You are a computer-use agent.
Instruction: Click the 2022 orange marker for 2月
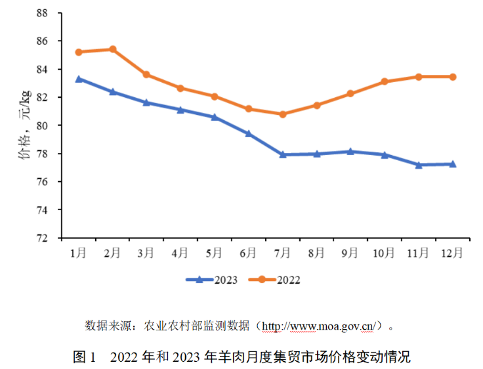click(112, 49)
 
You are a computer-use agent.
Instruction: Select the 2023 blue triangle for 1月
click(79, 79)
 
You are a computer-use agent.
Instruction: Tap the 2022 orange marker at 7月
click(283, 114)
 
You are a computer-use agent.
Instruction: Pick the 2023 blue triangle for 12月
click(453, 164)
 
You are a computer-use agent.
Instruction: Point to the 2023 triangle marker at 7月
click(283, 154)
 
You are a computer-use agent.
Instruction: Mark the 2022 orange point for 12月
click(453, 77)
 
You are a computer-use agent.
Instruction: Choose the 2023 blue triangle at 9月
click(350, 151)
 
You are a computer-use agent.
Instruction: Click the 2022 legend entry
click(275, 280)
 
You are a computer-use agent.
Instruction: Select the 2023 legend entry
click(212, 280)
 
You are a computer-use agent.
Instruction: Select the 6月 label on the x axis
click(248, 252)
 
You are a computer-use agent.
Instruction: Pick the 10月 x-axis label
click(384, 252)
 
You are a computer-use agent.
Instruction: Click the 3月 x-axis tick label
click(146, 252)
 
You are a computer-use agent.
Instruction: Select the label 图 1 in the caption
click(85, 357)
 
